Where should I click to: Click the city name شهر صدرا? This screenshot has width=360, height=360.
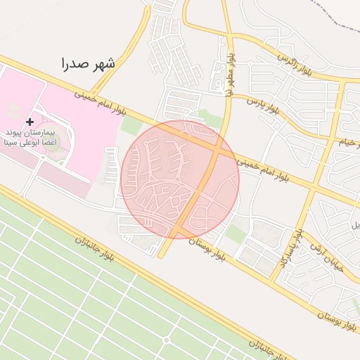(88, 63)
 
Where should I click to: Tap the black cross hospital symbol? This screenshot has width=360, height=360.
(29, 122)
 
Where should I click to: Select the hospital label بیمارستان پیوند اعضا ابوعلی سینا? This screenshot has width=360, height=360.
(29, 137)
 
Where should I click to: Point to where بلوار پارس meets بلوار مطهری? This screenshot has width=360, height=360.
(230, 94)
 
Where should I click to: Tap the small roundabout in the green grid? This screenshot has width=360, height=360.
(167, 340)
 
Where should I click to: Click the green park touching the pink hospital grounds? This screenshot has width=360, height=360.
(131, 126)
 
